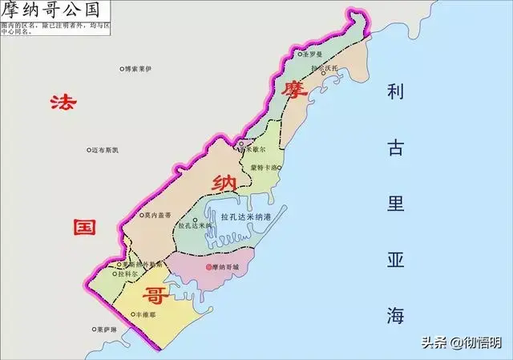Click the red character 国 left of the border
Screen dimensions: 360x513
click(x=83, y=226)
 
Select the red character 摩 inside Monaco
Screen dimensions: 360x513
click(x=294, y=89)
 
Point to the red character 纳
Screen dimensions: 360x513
click(x=222, y=184)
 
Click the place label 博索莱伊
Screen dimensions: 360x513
click(x=138, y=70)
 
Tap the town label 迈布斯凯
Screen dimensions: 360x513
click(x=105, y=150)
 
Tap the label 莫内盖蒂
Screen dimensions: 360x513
click(x=157, y=216)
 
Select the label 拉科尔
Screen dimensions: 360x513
click(x=131, y=274)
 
